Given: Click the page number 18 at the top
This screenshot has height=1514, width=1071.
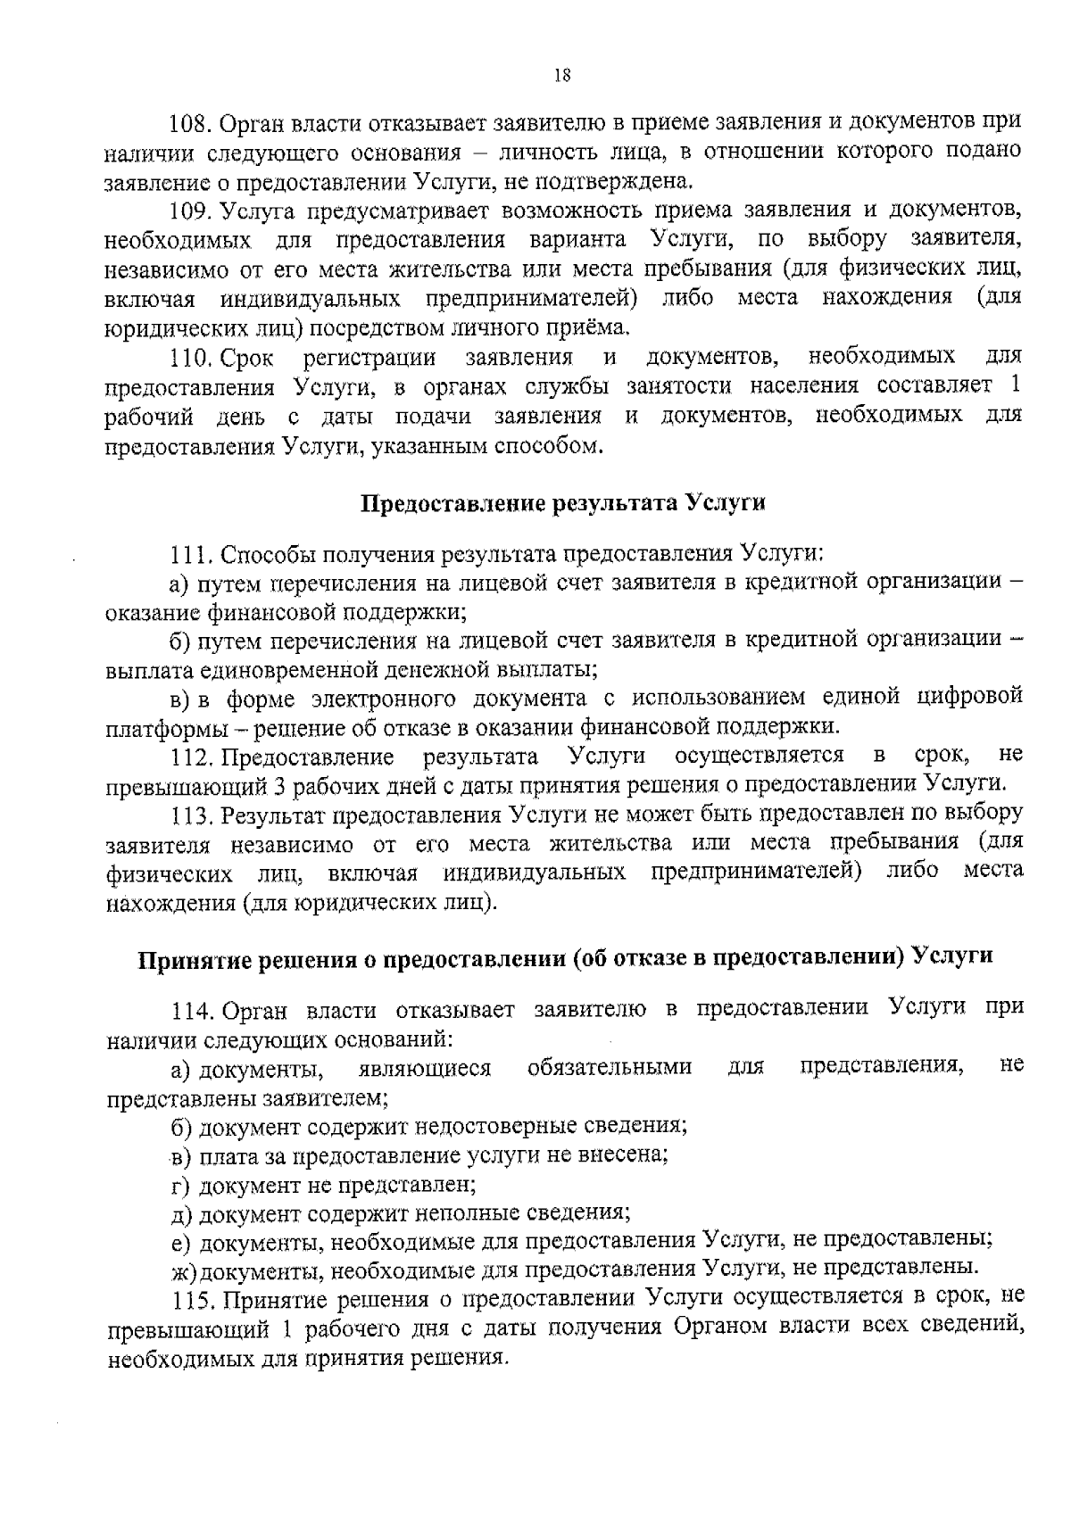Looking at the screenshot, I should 562,76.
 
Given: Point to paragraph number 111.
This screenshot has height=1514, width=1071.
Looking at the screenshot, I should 188,555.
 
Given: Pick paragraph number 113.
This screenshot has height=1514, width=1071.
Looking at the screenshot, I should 191,815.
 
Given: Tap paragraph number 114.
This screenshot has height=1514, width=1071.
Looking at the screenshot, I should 193,1011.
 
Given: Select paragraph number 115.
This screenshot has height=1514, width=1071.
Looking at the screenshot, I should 191,1296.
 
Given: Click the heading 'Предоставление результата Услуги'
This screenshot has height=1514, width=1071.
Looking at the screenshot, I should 563,502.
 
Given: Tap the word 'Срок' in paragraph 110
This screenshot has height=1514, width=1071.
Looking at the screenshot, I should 246,359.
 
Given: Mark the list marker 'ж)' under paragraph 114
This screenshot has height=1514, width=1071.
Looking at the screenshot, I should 183,1267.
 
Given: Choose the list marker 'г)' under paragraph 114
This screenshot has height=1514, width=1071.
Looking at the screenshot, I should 181,1186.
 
